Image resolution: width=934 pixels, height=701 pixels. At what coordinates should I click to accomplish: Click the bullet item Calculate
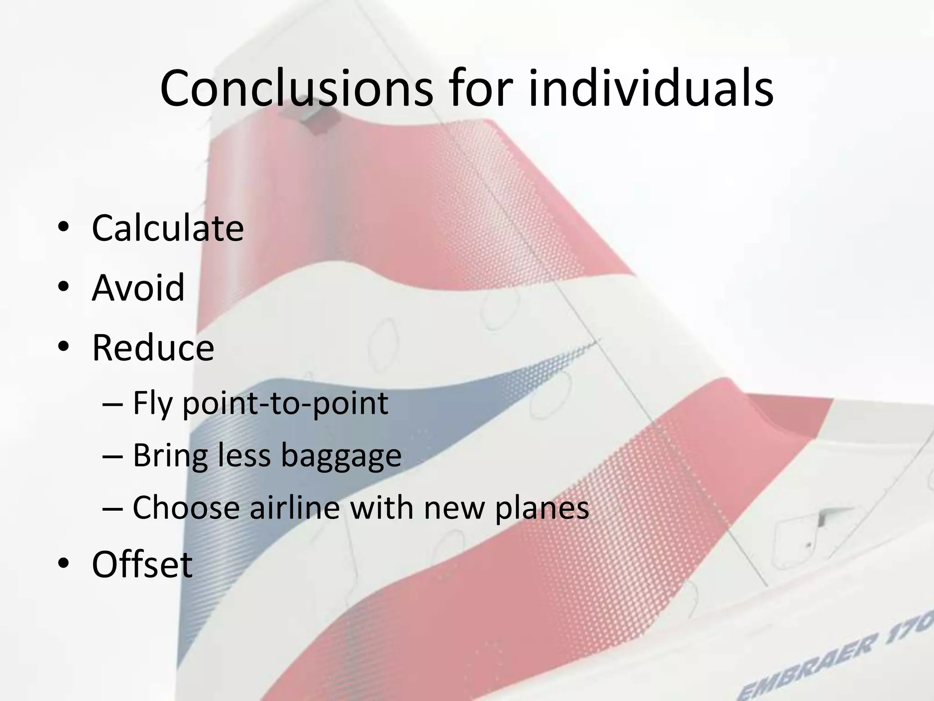click(167, 228)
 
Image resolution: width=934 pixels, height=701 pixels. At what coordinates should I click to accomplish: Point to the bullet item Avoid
click(138, 288)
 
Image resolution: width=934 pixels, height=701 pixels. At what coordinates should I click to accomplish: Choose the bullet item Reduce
click(153, 348)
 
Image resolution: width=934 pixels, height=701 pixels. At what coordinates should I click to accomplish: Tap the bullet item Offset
click(142, 565)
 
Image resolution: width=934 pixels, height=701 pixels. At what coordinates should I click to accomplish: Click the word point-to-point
click(285, 404)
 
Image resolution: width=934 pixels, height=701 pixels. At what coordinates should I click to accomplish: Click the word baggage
click(341, 456)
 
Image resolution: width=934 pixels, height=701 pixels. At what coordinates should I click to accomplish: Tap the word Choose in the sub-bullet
click(186, 507)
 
